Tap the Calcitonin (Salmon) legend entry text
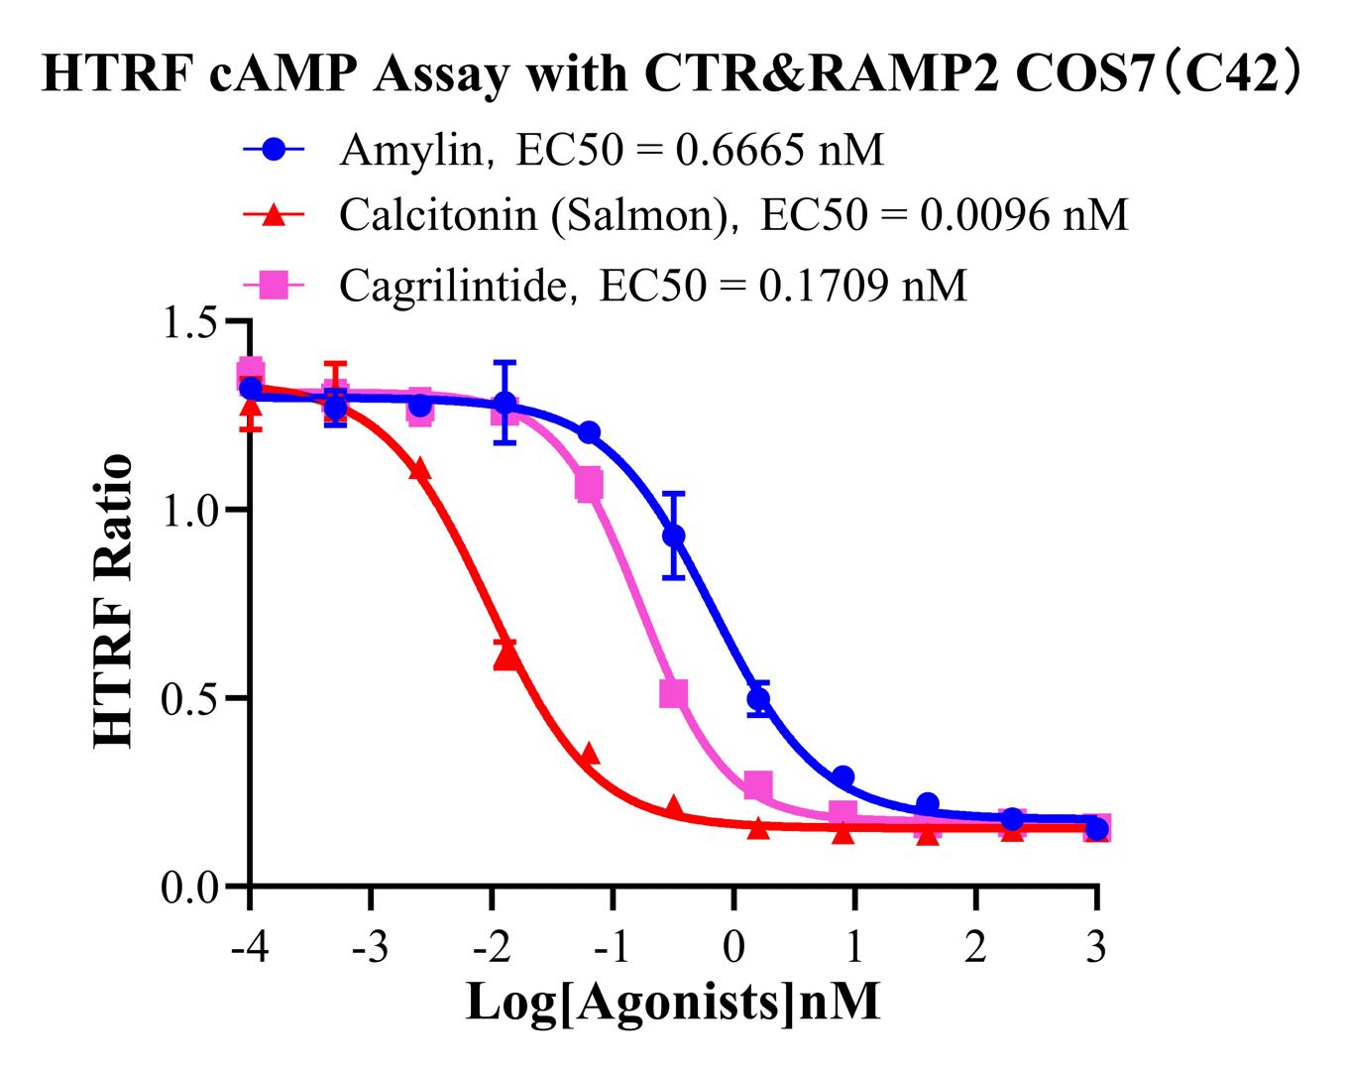733,214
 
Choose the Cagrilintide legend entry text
652,286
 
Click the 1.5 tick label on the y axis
190,322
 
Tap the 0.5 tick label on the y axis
190,698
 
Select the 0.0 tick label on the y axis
190,886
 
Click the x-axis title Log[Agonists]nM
673,1002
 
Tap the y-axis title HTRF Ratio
113,602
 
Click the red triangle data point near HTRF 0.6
506,654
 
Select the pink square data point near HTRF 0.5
674,693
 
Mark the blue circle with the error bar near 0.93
674,535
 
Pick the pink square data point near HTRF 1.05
590,486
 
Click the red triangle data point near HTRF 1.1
420,470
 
